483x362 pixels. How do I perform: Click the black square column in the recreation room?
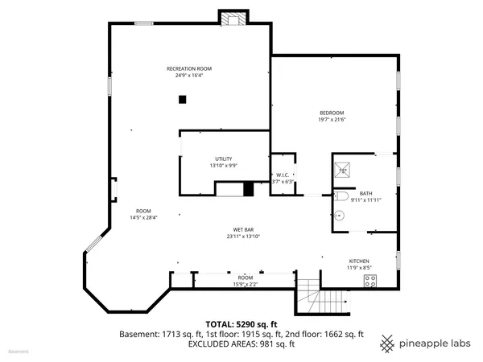(183, 99)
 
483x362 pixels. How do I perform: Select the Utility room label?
(223, 158)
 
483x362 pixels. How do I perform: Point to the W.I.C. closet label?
(283, 175)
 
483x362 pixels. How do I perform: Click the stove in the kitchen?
(371, 280)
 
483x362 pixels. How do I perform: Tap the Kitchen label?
(358, 261)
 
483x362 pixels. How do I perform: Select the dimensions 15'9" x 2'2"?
(245, 283)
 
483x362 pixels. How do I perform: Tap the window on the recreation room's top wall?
(143, 23)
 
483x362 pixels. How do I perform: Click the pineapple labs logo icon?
(387, 341)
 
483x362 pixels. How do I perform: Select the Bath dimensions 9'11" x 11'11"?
(365, 200)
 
